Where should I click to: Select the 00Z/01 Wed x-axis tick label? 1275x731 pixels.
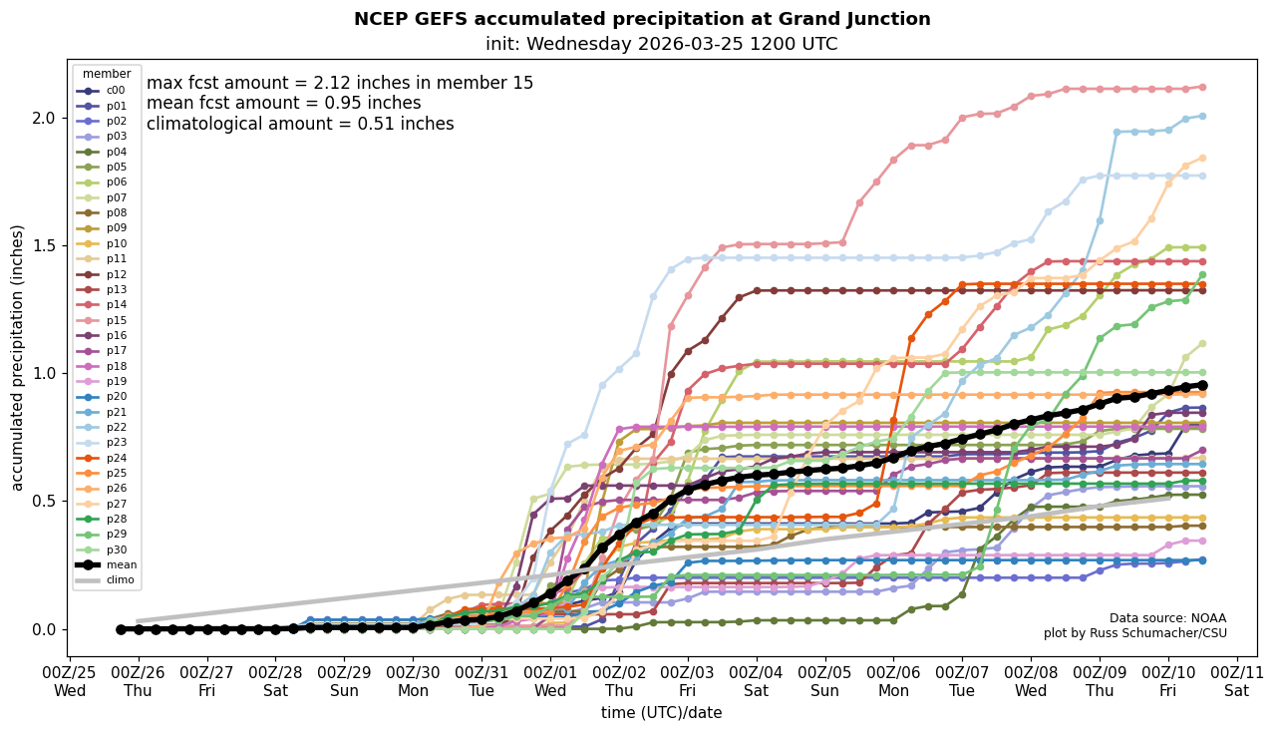pos(550,681)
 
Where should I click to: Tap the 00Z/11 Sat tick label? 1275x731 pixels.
pos(1237,681)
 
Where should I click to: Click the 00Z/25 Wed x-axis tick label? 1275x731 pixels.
pos(70,681)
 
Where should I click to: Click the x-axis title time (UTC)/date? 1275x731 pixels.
pos(661,713)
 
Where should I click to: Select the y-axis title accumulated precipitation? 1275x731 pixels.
pos(18,357)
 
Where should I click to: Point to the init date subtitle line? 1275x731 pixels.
pos(661,44)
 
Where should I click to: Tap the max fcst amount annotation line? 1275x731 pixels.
pos(340,84)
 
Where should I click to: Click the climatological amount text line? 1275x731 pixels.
pos(300,124)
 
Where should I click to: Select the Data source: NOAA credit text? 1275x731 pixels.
pos(1167,618)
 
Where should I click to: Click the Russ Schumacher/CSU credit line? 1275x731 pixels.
pos(1135,633)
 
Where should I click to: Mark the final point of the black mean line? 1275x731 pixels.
pos(1202,385)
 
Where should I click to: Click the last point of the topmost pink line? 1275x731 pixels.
pos(1202,87)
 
